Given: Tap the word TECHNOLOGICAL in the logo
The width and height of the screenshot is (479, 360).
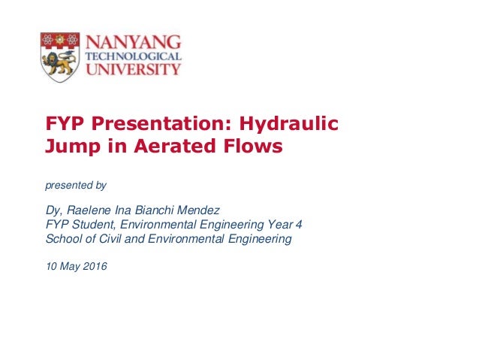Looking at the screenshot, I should [134, 56].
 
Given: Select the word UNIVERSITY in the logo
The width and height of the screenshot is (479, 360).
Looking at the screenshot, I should [134, 70].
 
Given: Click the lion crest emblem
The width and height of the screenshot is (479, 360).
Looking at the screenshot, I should [59, 56].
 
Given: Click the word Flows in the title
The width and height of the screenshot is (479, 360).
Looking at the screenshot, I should [252, 146].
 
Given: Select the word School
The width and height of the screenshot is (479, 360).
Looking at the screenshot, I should [65, 238].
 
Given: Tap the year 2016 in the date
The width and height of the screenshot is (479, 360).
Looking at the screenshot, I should [93, 265].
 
